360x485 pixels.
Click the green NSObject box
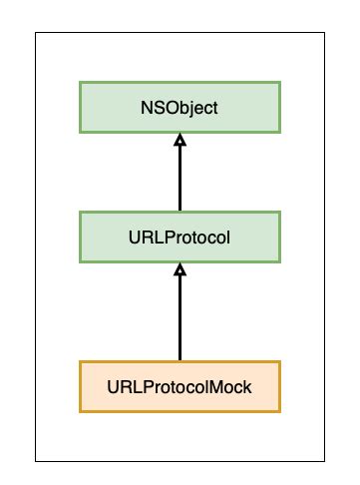pyautogui.click(x=180, y=108)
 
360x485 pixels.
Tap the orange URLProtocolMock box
pyautogui.click(x=180, y=385)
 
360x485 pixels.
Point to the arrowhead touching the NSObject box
pyautogui.click(x=180, y=139)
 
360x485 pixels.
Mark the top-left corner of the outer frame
pyautogui.click(x=36, y=31)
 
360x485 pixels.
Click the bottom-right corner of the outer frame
pyautogui.click(x=325, y=461)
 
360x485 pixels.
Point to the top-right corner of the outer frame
pyautogui.click(x=325, y=31)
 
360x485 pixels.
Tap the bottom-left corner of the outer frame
pyautogui.click(x=36, y=461)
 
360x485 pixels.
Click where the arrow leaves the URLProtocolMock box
pyautogui.click(x=180, y=360)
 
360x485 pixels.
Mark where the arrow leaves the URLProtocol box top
pyautogui.click(x=180, y=213)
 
